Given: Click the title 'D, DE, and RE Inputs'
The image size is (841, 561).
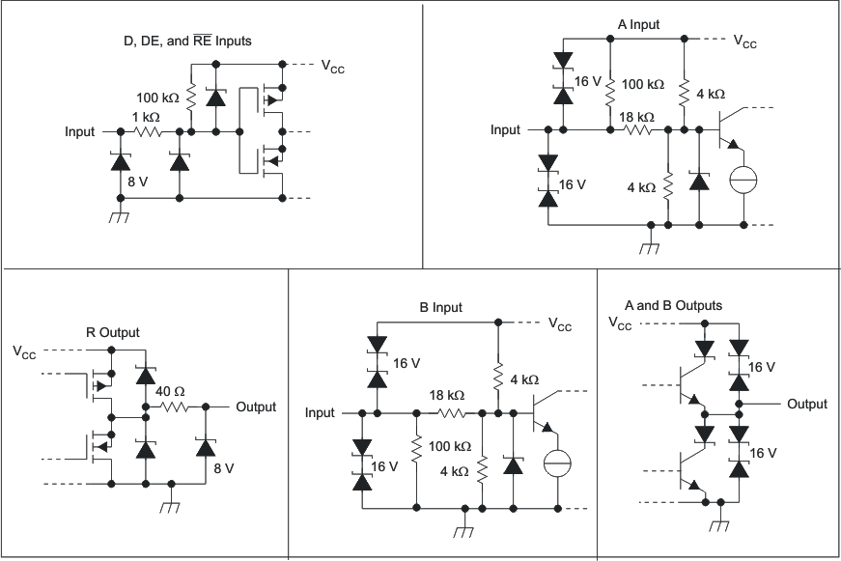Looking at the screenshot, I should point(182,41).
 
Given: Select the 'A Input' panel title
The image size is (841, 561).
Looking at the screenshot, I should point(638,24).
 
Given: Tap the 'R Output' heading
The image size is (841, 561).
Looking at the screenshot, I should point(112,332).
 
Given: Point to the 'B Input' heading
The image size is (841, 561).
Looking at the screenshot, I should point(440,307).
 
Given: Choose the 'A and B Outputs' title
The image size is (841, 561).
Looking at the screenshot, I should point(673,305).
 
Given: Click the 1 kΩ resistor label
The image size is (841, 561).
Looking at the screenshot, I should point(146,116).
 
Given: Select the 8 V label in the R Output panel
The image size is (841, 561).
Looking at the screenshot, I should point(224,467).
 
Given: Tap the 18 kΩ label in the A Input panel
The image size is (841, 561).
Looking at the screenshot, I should point(636,116).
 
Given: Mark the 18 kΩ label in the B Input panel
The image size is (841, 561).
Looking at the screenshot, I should point(446,395).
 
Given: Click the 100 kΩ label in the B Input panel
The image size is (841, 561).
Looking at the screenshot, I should point(449,446).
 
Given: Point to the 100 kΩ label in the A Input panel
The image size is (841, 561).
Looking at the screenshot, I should point(642,84).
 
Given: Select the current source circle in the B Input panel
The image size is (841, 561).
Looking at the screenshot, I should point(558,463).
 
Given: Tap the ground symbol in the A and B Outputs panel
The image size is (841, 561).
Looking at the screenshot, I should point(716,525).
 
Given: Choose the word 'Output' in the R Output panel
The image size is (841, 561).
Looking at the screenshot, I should point(256,407).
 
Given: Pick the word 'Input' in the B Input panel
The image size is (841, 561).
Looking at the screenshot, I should point(320,412).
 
